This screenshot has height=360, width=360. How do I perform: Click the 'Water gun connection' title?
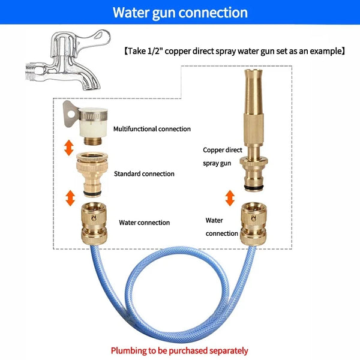click(180, 12)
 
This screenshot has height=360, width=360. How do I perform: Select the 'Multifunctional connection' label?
click(152, 128)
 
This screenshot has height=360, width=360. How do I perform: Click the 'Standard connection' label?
click(144, 174)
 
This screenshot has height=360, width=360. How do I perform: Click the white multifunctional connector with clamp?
click(89, 120)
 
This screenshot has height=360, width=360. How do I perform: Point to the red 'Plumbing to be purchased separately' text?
click(179, 350)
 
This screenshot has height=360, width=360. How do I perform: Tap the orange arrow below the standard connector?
click(70, 196)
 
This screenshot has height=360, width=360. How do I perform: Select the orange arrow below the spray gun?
click(229, 196)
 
